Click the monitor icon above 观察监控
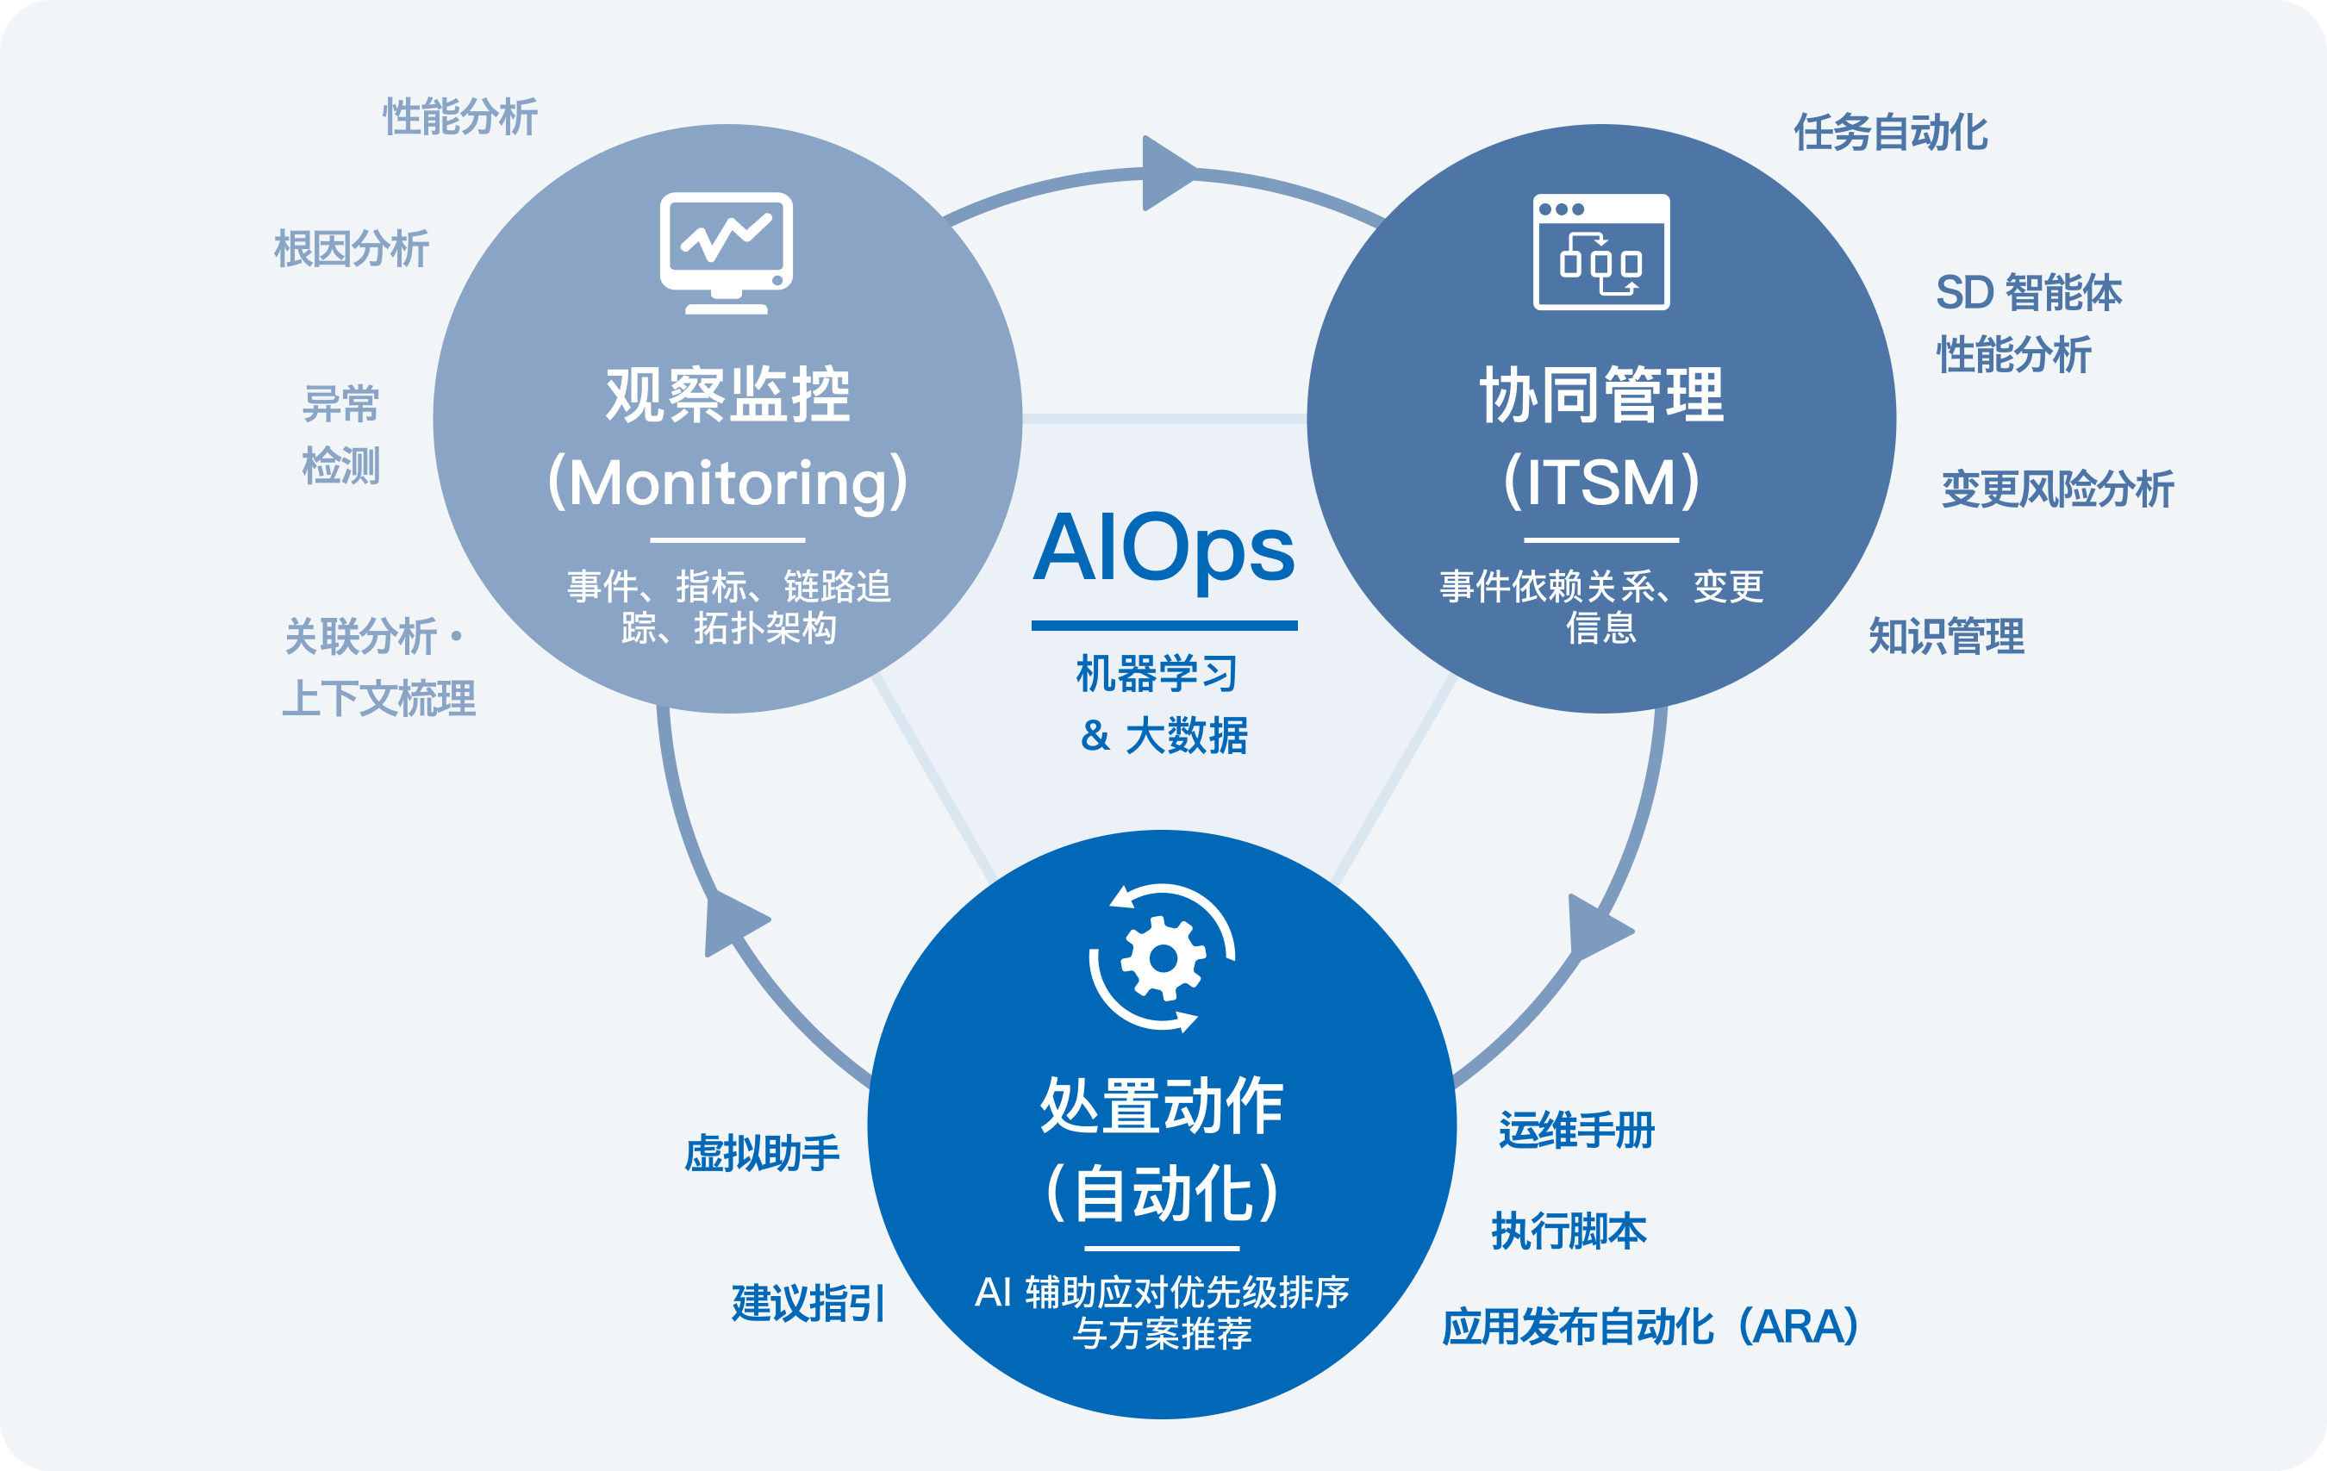(727, 252)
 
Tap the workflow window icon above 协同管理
(1601, 252)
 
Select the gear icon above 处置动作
(1163, 957)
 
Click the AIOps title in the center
(1163, 549)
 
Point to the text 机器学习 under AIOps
(1157, 673)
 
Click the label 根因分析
(352, 248)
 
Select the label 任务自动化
(1891, 133)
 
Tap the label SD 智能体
(2029, 292)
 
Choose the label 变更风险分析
(2057, 488)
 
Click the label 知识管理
(1946, 636)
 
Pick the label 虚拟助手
(763, 1153)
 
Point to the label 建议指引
(808, 1303)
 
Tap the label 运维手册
(1577, 1130)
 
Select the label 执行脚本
(1569, 1231)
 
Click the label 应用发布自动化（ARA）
(1650, 1327)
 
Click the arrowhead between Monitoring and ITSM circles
(1165, 173)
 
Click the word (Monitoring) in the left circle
(727, 482)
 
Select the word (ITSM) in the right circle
(1601, 482)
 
